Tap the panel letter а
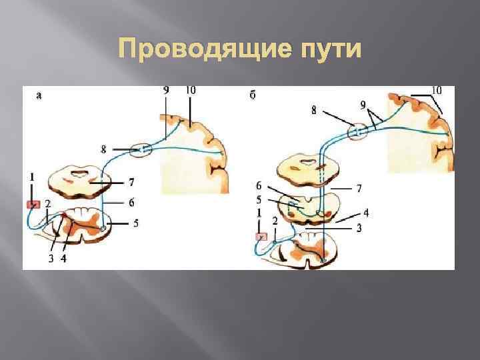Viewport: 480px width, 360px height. point(39,95)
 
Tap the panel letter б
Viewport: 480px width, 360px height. point(253,95)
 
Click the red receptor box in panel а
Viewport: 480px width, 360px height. point(31,204)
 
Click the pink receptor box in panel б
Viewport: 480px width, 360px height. point(260,236)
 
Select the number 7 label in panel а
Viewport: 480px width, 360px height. point(132,181)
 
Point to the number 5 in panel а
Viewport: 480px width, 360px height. point(136,224)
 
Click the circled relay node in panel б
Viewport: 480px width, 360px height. point(357,132)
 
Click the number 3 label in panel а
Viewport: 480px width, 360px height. point(51,259)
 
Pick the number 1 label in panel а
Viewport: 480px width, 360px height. point(31,177)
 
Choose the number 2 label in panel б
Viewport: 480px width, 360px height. point(274,221)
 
